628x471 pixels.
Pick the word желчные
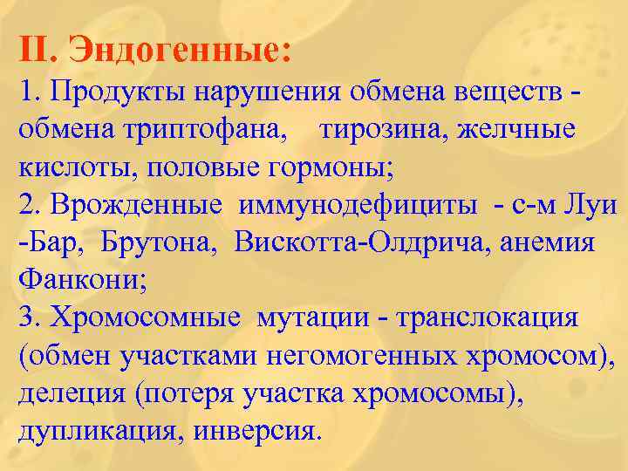pyautogui.click(x=523, y=129)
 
